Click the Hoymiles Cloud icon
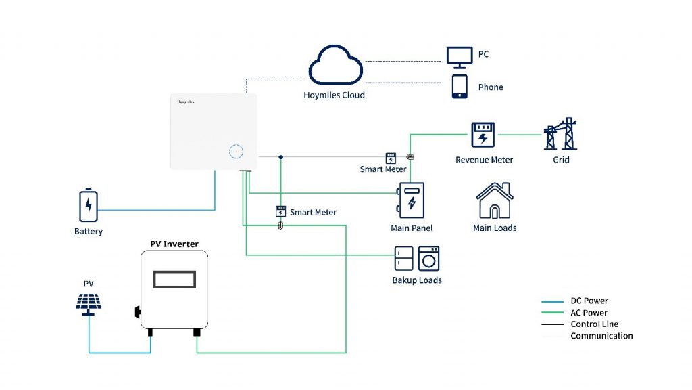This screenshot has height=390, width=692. (336, 66)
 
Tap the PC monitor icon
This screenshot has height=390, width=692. (461, 56)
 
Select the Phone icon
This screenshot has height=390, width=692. (460, 87)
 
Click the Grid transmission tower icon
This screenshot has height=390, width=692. (560, 134)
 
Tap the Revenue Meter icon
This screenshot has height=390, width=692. (483, 135)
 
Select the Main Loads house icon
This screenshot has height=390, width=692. (495, 200)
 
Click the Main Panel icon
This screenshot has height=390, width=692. (411, 200)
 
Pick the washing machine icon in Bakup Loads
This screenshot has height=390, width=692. (428, 259)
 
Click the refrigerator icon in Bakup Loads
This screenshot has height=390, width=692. (404, 259)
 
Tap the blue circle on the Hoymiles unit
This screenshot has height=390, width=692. (237, 151)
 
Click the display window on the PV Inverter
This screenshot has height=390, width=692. (174, 278)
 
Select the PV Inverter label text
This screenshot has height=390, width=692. (174, 244)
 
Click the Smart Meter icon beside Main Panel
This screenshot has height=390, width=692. (391, 158)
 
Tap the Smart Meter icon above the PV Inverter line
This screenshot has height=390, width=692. (280, 211)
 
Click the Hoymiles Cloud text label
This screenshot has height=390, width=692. (334, 95)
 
